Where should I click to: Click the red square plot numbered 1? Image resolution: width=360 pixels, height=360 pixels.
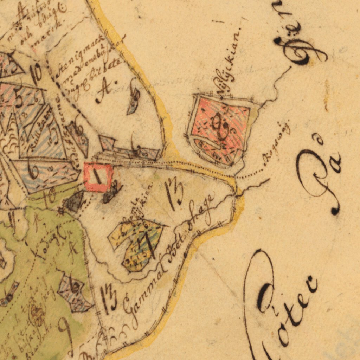(x=98, y=177)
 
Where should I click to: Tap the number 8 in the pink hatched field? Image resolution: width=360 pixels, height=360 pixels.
(x=222, y=127)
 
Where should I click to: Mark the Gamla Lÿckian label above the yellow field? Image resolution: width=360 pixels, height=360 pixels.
(x=137, y=204)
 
